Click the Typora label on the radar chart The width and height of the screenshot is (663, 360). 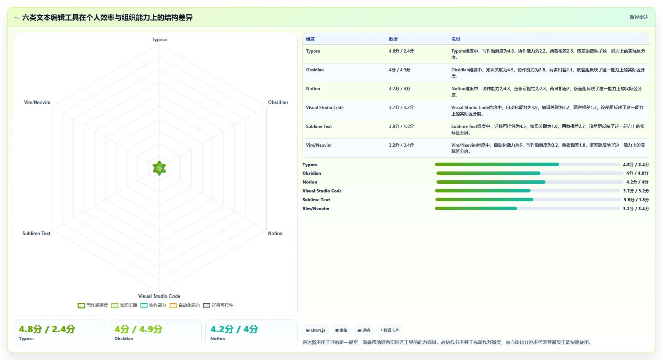pyautogui.click(x=159, y=39)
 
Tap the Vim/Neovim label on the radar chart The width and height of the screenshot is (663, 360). pyautogui.click(x=37, y=102)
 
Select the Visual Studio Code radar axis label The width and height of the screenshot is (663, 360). pyautogui.click(x=159, y=296)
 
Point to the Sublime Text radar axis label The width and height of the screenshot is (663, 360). pyautogui.click(x=36, y=233)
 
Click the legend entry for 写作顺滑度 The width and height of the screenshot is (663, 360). pyautogui.click(x=93, y=305)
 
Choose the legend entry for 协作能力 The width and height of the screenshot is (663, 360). pyautogui.click(x=153, y=305)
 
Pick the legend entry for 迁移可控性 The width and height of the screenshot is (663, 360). pyautogui.click(x=218, y=305)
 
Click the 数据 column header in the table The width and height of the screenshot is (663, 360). pyautogui.click(x=393, y=39)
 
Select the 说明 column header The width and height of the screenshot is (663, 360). pyautogui.click(x=456, y=39)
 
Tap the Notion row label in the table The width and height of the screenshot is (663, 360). pyautogui.click(x=313, y=89)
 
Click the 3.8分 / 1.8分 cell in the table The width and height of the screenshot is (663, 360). pyautogui.click(x=401, y=126)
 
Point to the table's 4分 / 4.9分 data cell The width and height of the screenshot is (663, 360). pyautogui.click(x=400, y=70)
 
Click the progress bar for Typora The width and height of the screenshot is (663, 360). pyautogui.click(x=528, y=164)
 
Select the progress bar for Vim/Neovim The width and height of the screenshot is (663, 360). pyautogui.click(x=528, y=208)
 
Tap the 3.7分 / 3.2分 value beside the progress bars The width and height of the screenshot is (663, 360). pyautogui.click(x=636, y=191)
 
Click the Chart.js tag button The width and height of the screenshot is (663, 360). pyautogui.click(x=316, y=330)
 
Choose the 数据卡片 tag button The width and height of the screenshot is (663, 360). pyautogui.click(x=390, y=330)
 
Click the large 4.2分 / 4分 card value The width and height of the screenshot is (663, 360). pyautogui.click(x=234, y=329)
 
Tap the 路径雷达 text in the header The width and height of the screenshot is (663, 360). pyautogui.click(x=639, y=17)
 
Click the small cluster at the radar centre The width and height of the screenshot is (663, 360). pyautogui.click(x=159, y=168)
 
